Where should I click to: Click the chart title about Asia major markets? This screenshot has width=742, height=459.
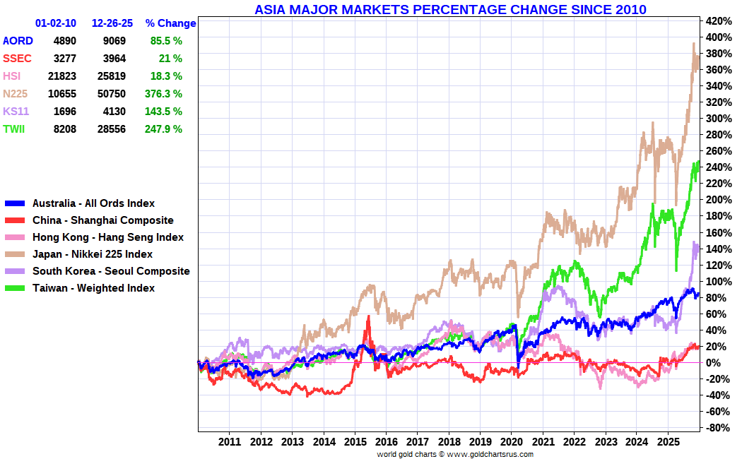coord(450,9)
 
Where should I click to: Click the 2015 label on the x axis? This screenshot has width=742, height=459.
coord(355,442)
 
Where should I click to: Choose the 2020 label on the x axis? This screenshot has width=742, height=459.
coord(511,442)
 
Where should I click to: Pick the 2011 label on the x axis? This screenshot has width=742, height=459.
coord(230,442)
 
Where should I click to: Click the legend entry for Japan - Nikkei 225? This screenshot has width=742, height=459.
coord(92,254)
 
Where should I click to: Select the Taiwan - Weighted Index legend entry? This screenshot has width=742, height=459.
coord(93,288)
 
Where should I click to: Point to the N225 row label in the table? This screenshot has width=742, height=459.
coord(16,93)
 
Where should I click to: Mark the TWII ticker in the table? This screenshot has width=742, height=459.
coord(15,129)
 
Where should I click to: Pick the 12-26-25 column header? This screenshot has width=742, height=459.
coord(112,23)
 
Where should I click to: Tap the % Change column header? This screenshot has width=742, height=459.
coord(170,23)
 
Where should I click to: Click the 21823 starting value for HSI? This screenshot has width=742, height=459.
coord(61,76)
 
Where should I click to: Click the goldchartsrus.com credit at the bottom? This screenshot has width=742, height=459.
coord(455,454)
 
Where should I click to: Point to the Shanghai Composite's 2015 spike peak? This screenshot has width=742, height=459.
coord(368,317)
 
